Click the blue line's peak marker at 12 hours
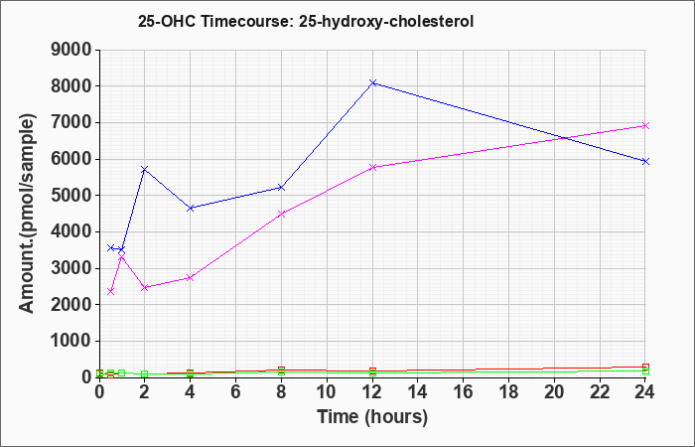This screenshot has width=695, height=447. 372,82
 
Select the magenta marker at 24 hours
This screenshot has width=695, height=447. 645,126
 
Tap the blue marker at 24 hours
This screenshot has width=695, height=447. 645,161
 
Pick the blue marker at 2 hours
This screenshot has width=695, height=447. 145,170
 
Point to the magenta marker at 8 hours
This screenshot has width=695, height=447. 281,215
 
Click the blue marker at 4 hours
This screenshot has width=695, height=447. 191,208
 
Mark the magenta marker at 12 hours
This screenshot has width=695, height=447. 372,167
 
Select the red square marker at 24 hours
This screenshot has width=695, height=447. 645,368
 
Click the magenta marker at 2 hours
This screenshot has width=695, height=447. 145,288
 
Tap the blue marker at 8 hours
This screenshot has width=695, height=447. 281,188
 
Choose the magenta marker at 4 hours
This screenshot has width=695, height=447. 191,278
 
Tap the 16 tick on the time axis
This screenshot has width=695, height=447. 464,392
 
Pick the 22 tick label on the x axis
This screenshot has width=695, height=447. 600,392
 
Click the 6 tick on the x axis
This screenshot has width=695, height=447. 235,392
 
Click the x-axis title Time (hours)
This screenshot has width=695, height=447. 372,417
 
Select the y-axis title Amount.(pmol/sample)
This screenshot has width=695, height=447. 27,214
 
